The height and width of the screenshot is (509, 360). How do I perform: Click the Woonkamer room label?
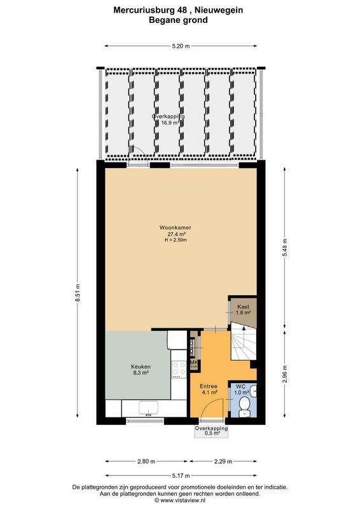pos(176,228)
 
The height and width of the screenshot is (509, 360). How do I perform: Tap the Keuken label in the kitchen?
pos(140,367)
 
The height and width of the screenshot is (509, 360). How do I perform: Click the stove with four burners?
pos(179,369)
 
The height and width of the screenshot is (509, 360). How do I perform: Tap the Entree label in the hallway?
pos(209,386)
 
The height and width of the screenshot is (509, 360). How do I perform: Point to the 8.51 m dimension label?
pos(78,293)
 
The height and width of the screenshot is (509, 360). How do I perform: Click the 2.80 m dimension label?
pos(146,461)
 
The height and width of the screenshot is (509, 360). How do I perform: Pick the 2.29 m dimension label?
pos(221,461)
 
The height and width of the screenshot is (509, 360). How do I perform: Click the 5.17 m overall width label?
pos(181,475)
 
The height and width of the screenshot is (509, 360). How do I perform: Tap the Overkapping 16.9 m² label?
pos(168,120)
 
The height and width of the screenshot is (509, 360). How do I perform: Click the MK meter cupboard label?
pos(194,363)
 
